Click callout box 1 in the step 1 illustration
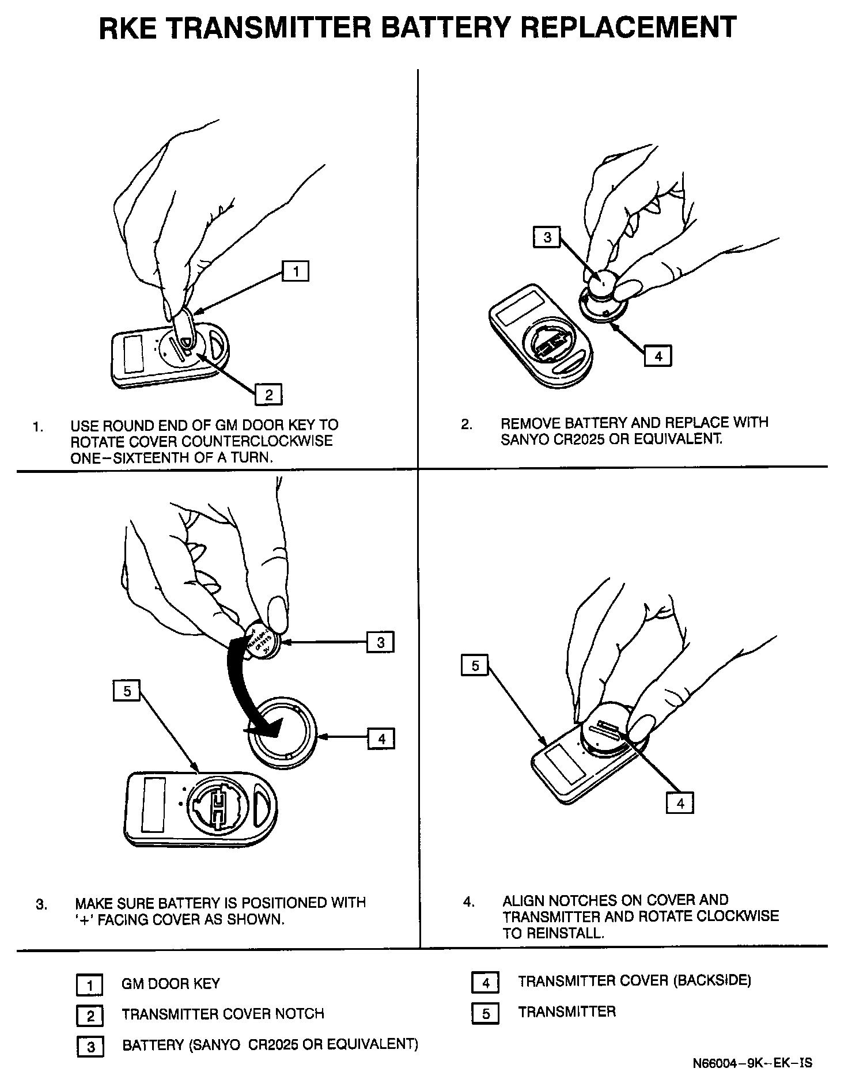click(295, 271)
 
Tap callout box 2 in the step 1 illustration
click(268, 395)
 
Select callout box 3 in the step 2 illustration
click(547, 237)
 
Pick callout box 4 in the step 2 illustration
click(658, 356)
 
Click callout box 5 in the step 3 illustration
click(127, 691)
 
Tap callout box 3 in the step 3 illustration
click(381, 642)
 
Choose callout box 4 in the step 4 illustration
click(680, 802)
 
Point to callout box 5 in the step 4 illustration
click(475, 666)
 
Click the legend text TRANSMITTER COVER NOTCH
click(223, 1014)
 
